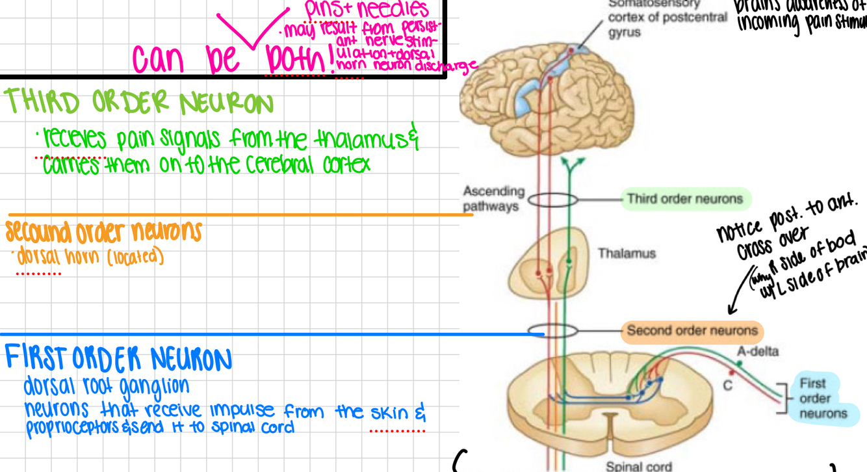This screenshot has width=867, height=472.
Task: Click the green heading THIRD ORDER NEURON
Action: click(138, 103)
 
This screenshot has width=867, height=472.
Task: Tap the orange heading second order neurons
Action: click(104, 231)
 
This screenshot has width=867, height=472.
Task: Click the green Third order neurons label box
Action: click(685, 199)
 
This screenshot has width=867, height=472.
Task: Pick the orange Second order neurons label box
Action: click(692, 331)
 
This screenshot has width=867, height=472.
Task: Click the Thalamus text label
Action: click(627, 254)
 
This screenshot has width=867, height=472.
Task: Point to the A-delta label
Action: click(757, 352)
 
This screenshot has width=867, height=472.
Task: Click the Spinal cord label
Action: click(638, 465)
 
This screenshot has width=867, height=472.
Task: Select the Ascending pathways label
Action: click(493, 199)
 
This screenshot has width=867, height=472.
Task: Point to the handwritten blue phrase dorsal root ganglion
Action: click(107, 386)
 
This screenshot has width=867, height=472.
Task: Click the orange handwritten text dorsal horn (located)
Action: click(90, 257)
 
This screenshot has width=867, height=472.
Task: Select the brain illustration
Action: click(546, 98)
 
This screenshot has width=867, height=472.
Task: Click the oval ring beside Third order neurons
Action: click(552, 199)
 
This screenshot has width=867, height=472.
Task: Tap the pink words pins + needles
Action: click(367, 9)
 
